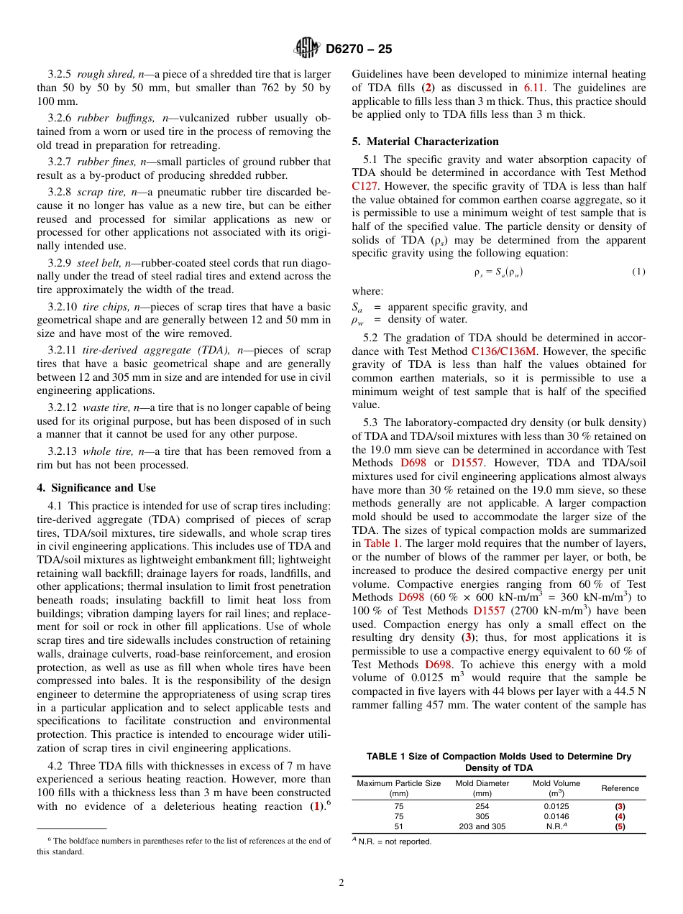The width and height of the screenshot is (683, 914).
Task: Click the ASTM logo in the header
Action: coord(308,49)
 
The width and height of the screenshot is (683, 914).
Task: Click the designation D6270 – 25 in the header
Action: coord(359,50)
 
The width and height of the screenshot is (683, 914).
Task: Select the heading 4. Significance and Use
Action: coord(96,487)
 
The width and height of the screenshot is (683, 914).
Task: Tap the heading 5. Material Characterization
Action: coord(425,141)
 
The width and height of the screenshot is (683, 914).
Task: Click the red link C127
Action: coord(365,185)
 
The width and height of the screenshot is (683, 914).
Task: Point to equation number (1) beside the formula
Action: coord(638,271)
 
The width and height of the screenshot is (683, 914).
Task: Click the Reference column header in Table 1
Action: coord(620,788)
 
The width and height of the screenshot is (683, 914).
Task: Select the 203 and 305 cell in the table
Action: coord(482,826)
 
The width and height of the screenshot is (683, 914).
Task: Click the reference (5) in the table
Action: coord(620,826)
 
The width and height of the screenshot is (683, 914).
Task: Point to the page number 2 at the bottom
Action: coord(341,882)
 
